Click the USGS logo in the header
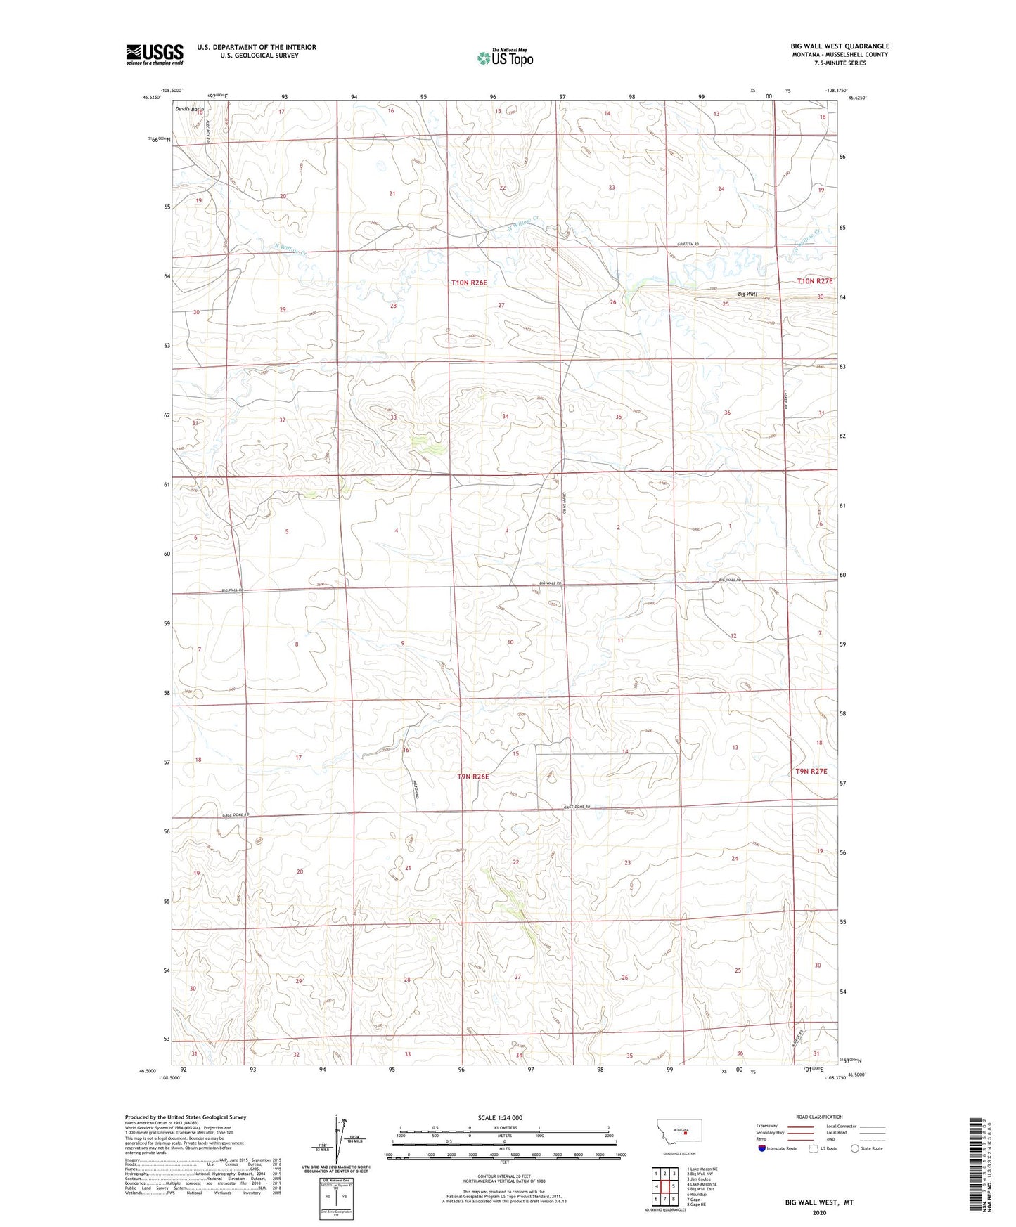click(x=154, y=53)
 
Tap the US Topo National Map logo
click(x=504, y=57)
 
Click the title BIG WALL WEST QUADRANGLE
click(x=839, y=46)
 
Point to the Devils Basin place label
click(x=189, y=109)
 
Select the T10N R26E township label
click(x=469, y=282)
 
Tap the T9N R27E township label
click(x=811, y=771)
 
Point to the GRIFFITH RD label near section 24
click(x=688, y=244)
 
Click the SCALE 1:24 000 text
click(x=500, y=1117)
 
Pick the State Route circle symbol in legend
click(x=855, y=1148)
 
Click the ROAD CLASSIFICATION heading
click(x=819, y=1117)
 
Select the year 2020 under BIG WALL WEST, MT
click(x=819, y=1212)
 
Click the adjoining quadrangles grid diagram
click(x=664, y=1186)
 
